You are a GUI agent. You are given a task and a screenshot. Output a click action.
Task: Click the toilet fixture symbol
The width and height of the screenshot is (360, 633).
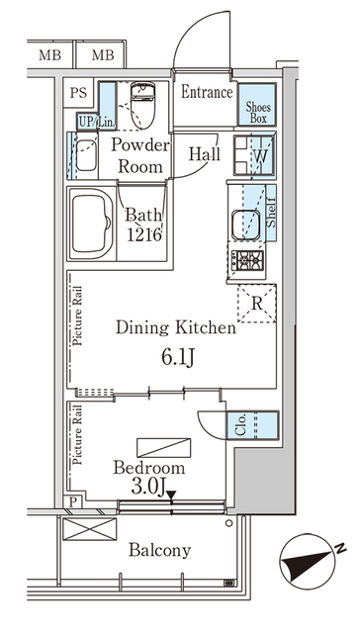pyautogui.click(x=142, y=105)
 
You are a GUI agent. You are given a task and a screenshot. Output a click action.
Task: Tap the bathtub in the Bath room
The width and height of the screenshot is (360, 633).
pyautogui.click(x=92, y=224)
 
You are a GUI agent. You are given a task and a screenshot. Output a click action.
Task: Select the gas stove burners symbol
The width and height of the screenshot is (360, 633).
pyautogui.click(x=247, y=260)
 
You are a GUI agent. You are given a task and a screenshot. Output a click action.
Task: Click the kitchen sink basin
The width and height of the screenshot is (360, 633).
pyautogui.click(x=246, y=225)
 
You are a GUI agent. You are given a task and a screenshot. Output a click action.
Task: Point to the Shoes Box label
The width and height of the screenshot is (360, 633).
pyautogui.click(x=258, y=113)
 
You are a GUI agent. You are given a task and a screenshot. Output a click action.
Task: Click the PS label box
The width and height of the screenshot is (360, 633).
pyautogui.click(x=78, y=93)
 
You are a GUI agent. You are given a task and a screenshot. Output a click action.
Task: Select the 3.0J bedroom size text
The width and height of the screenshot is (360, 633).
pyautogui.click(x=147, y=487)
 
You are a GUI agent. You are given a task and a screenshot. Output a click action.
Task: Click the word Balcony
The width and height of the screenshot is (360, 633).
pyautogui.click(x=159, y=550)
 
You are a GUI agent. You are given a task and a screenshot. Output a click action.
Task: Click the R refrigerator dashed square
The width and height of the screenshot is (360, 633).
pyautogui.click(x=257, y=304)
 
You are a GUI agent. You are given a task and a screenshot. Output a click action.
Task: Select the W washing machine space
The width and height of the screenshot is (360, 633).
pyautogui.click(x=254, y=155)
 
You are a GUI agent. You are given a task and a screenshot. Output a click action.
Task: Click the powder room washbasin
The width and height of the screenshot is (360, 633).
pyautogui.click(x=87, y=155)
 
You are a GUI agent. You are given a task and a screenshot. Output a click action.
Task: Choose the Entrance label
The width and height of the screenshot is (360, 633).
pyautogui.click(x=207, y=92)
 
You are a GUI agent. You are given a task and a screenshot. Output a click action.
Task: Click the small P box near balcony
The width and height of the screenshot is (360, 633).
pyautogui.click(x=73, y=502)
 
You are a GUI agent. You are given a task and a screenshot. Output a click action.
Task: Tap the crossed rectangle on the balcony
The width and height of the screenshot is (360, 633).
pyautogui.click(x=90, y=529)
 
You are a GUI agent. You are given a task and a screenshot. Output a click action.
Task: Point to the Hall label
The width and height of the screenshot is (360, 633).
pyautogui.click(x=205, y=154)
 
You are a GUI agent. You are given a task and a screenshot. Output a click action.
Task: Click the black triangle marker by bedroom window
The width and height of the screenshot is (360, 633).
pyautogui.click(x=171, y=495)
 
